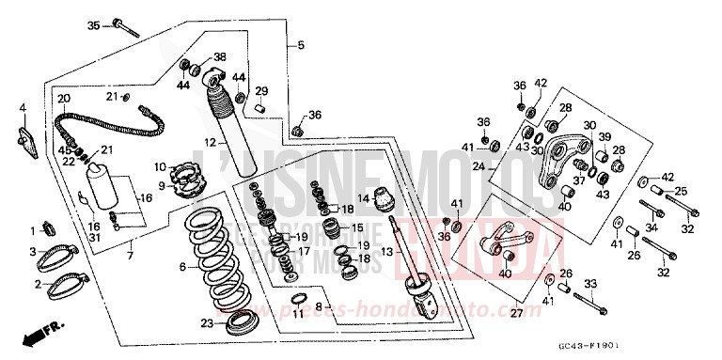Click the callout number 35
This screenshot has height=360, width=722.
[x=93, y=24]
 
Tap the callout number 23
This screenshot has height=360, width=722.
[x=206, y=323]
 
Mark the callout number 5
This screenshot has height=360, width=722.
[x=301, y=45]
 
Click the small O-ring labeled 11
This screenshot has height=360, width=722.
[x=298, y=300]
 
